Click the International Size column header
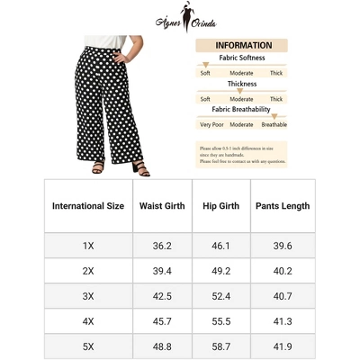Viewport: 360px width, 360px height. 88,206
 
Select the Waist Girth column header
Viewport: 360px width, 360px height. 162,206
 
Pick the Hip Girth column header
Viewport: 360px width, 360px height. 220,206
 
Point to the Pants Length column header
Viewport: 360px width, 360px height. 282,206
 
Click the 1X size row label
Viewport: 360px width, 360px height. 88,245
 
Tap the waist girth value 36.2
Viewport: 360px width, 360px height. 162,245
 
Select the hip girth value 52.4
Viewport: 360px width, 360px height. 220,295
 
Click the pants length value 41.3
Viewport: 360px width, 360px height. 282,320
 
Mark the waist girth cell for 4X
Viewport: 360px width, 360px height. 162,320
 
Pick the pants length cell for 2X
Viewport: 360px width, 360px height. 282,270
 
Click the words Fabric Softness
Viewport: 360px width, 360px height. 238,58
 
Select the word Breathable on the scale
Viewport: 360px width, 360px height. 274,125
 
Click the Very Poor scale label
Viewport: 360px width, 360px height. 211,125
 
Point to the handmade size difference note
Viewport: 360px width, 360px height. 241,154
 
